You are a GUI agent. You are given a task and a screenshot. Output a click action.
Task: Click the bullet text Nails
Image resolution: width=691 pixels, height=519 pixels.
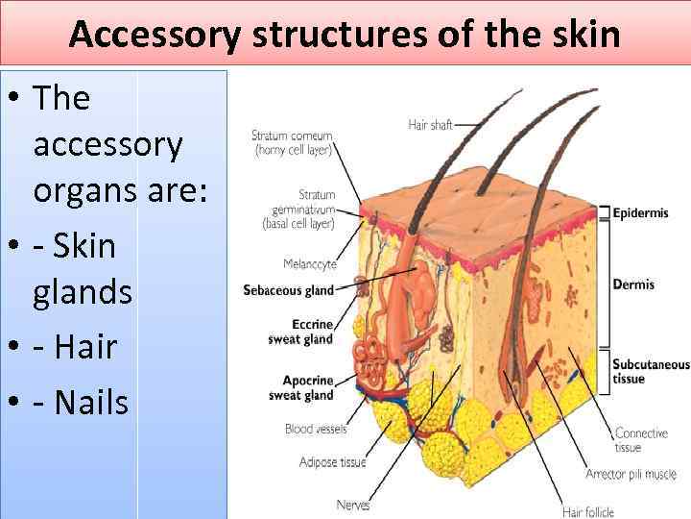tap(91, 402)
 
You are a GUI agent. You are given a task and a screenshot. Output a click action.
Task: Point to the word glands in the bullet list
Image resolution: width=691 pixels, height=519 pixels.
tap(83, 292)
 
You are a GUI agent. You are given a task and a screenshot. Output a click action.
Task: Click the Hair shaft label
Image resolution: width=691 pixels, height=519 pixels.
tap(430, 125)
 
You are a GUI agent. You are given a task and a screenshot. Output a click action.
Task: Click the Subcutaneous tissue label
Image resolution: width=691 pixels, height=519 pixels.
tap(651, 371)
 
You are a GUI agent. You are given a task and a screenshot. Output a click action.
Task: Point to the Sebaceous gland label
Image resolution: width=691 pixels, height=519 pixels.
tap(288, 290)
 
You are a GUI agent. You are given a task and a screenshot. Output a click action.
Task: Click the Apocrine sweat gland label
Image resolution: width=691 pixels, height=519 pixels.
tap(301, 387)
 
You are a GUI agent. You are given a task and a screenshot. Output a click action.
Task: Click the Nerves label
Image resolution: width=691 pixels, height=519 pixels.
tap(353, 505)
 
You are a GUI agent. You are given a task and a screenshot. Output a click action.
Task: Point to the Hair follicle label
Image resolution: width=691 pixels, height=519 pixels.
tap(588, 511)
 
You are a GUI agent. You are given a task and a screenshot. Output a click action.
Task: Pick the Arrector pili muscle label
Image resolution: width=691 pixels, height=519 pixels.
tap(631, 473)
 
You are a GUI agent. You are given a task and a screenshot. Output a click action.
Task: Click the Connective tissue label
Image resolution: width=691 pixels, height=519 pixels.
tap(641, 440)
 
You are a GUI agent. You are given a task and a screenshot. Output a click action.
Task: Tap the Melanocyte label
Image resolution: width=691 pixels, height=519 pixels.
tap(309, 263)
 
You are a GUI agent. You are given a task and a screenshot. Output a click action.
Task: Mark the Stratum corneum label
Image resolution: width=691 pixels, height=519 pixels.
tap(292, 142)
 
